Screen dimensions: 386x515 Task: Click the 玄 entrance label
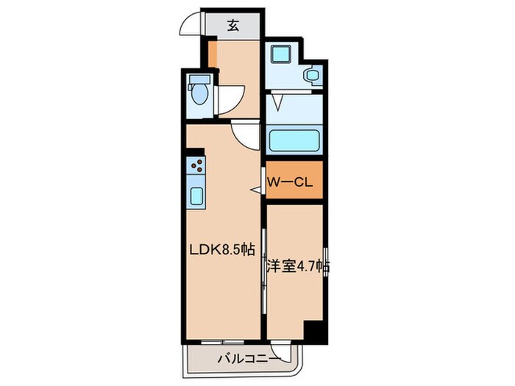232,26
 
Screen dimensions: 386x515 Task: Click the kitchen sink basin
196,195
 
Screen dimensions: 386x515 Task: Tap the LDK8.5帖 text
223,250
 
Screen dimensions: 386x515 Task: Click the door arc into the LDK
244,132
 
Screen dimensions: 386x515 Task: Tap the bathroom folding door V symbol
278,102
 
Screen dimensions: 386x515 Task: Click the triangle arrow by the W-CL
256,190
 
